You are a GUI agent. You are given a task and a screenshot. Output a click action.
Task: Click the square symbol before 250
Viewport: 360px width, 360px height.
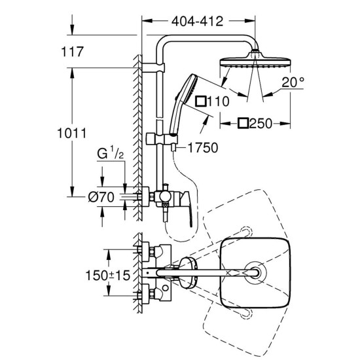(x=242, y=123)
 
